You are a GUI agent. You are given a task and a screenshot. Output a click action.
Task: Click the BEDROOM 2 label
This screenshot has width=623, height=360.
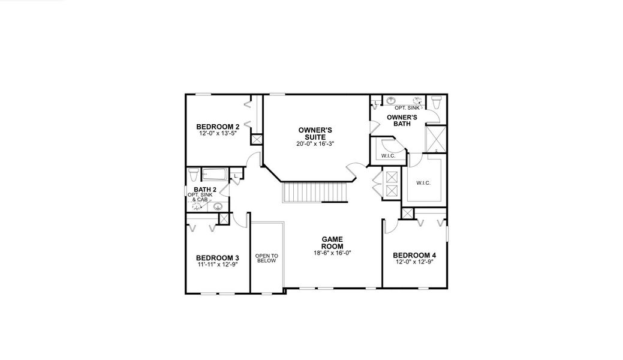click(218, 127)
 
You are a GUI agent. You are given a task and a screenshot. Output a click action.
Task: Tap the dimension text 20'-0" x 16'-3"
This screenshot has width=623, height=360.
click(315, 144)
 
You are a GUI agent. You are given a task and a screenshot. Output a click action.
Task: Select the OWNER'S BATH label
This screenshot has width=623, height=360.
click(402, 120)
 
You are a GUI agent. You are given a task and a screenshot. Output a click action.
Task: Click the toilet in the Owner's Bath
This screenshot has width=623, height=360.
click(436, 102)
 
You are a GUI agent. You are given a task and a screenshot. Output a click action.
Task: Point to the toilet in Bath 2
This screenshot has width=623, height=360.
click(193, 175)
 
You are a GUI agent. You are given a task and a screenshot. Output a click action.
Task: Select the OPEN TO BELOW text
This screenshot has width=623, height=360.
click(266, 258)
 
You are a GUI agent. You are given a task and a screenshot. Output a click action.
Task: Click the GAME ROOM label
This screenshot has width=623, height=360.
click(332, 243)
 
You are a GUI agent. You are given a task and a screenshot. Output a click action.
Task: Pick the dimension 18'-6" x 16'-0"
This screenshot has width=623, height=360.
click(332, 253)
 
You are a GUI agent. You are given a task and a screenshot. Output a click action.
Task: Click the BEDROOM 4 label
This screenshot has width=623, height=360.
click(414, 254)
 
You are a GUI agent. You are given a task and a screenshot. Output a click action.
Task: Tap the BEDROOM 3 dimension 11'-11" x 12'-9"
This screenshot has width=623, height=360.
click(218, 265)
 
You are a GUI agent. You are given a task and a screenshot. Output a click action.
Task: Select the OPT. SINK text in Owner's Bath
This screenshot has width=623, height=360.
click(407, 107)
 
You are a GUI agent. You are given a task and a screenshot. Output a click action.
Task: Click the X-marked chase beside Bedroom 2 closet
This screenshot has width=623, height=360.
click(257, 139)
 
